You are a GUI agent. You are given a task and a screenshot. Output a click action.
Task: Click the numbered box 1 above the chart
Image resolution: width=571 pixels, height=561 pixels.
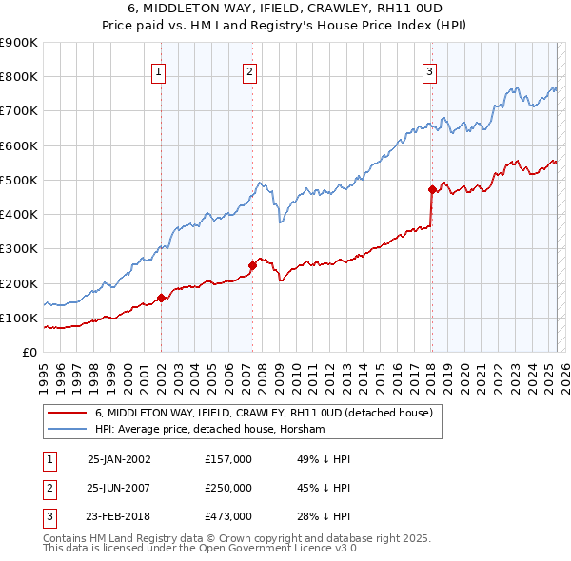pyautogui.click(x=158, y=70)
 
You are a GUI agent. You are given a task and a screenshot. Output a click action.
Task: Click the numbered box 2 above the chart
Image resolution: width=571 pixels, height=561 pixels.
pyautogui.click(x=249, y=70)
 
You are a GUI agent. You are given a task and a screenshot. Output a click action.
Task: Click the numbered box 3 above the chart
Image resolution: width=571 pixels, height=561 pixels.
pyautogui.click(x=429, y=70)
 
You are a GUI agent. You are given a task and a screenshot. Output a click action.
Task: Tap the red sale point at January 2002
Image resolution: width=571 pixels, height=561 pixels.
pyautogui.click(x=162, y=298)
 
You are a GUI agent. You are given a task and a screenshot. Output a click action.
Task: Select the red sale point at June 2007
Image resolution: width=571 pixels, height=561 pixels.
pyautogui.click(x=253, y=265)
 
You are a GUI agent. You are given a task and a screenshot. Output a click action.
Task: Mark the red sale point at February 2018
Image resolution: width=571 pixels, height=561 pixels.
pyautogui.click(x=432, y=189)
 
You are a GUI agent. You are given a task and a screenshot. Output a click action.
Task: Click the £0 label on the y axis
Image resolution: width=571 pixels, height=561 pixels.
pyautogui.click(x=29, y=352)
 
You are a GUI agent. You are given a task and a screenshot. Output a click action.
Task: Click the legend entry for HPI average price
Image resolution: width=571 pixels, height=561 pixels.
pyautogui.click(x=210, y=430)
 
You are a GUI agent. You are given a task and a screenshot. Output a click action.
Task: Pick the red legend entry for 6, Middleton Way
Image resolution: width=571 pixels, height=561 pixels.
pyautogui.click(x=264, y=413)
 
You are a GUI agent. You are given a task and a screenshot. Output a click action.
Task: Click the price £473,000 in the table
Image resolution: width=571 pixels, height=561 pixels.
pyautogui.click(x=228, y=516)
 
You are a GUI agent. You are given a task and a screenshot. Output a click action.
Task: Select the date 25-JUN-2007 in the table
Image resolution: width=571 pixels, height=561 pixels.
pyautogui.click(x=119, y=488)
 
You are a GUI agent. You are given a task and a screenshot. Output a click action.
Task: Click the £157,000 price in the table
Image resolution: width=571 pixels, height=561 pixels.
pyautogui.click(x=228, y=459)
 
